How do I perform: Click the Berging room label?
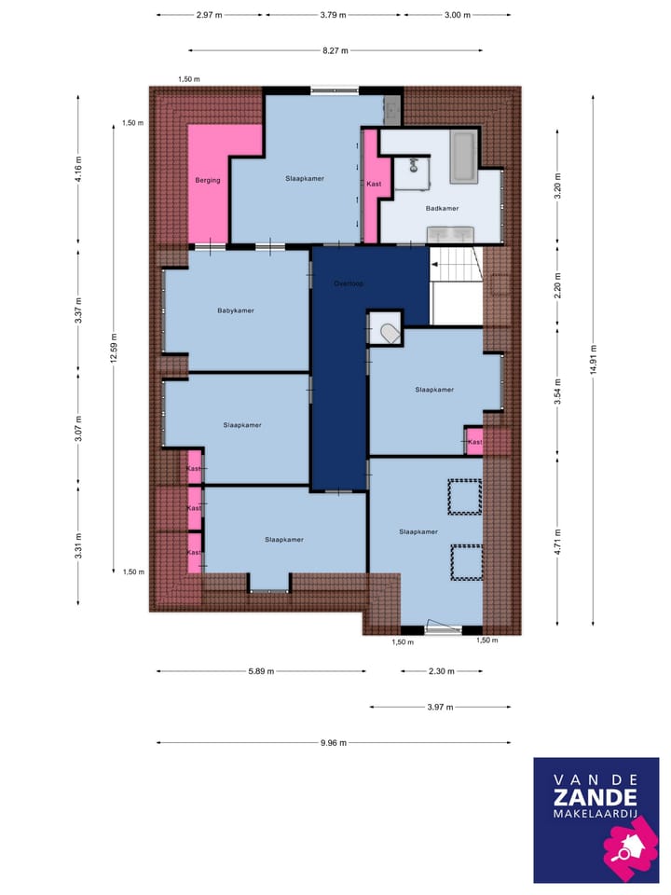208,180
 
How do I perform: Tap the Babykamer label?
236,310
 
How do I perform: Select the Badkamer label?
440,209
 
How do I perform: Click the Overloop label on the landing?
349,282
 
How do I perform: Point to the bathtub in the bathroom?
463,156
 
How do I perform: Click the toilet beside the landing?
386,329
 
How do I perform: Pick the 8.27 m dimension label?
335,50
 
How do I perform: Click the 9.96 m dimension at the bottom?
333,742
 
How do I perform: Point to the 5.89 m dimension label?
261,671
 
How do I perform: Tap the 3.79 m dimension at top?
333,15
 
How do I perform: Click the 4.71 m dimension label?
557,540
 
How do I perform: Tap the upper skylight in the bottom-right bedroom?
464,497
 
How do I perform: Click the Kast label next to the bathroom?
374,184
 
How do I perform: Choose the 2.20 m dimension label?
557,282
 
